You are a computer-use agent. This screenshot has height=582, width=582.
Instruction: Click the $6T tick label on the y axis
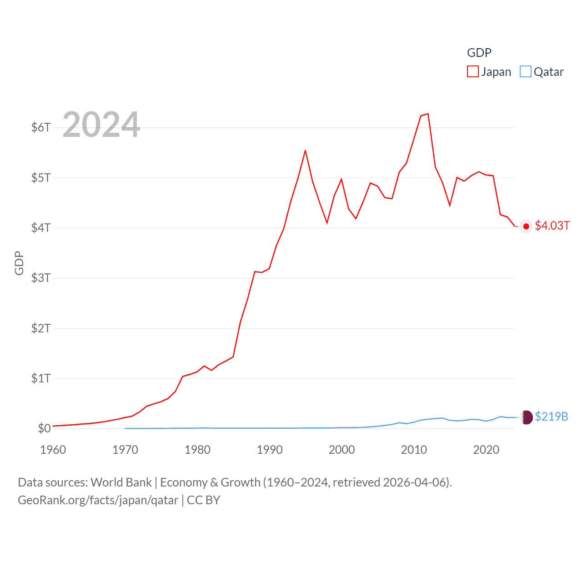click(41, 127)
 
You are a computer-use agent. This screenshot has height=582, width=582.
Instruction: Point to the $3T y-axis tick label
click(41, 278)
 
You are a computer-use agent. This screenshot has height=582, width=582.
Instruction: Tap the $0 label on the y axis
click(44, 428)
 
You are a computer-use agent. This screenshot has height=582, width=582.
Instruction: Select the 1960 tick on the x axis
click(53, 450)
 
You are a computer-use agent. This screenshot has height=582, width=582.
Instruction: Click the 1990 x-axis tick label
click(270, 450)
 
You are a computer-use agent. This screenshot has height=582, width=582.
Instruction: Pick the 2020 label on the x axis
click(486, 450)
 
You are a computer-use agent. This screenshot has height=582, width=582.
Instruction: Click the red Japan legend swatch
click(473, 72)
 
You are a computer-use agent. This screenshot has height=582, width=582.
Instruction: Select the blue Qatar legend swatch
click(526, 72)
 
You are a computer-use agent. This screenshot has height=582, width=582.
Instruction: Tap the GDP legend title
click(479, 53)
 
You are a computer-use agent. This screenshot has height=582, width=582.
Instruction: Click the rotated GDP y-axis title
click(19, 263)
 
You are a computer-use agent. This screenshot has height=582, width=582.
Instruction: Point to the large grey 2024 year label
click(101, 125)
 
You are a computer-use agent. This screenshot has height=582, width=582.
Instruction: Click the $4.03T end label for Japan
click(552, 226)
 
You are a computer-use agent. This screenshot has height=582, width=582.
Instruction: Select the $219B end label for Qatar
click(552, 416)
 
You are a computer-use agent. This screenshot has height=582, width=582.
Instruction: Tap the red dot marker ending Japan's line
click(526, 226)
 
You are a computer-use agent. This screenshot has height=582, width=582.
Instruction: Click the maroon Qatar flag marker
click(527, 417)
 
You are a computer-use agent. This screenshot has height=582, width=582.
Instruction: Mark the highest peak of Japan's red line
click(428, 114)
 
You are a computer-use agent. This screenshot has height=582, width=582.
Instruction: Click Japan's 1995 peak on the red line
click(305, 151)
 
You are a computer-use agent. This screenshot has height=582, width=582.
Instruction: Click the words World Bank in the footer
click(121, 482)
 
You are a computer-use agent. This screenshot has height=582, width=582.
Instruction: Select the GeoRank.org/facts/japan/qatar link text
click(98, 500)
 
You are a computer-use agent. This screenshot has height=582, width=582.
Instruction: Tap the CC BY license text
click(204, 500)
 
